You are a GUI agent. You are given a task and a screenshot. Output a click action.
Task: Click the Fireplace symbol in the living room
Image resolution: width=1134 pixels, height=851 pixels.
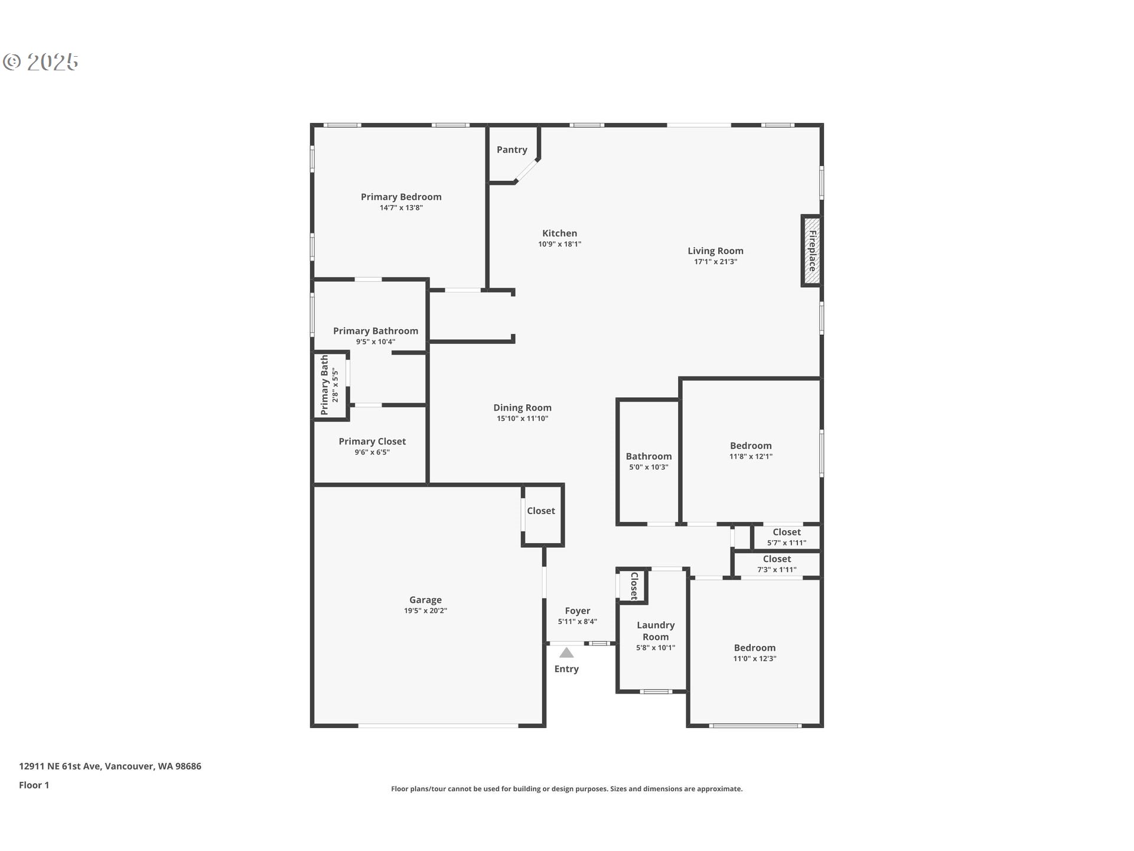pos(812,251)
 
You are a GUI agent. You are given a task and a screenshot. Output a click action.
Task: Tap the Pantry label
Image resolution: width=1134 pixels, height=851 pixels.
pos(511,150)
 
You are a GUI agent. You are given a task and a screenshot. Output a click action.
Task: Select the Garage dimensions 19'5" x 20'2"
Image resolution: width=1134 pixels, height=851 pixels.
pos(425,610)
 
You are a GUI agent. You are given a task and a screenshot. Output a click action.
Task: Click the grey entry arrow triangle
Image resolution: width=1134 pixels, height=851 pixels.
pos(566,652)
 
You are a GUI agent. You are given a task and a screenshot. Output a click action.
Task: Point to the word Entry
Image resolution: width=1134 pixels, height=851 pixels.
pos(566,669)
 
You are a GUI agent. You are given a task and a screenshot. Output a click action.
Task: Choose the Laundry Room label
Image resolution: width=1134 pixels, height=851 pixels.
pos(656,631)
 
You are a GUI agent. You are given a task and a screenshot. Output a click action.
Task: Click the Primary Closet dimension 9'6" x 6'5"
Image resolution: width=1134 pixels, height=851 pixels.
pos(372,452)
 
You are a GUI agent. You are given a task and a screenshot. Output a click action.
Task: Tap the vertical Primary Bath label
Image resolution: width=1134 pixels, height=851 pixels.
pos(324,385)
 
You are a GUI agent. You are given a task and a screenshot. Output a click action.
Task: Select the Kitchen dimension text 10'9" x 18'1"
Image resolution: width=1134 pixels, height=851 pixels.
pos(559,244)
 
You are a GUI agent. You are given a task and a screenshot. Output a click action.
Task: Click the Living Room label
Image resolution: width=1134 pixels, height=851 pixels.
pos(715,251)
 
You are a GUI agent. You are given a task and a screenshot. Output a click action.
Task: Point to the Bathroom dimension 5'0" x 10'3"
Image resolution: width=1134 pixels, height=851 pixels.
pos(649,467)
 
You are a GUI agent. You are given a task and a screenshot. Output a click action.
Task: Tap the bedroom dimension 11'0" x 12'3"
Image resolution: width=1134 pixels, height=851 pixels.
pos(755,658)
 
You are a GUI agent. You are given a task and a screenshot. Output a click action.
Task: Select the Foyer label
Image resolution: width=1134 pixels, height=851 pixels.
pos(577,610)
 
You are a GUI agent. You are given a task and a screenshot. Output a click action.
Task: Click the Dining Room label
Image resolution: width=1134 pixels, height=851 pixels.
pos(522,407)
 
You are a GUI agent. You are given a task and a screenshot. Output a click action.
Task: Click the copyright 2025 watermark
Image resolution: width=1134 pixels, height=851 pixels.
pos(41,61)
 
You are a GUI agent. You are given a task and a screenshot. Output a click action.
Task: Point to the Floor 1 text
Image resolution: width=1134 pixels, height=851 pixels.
pos(34,785)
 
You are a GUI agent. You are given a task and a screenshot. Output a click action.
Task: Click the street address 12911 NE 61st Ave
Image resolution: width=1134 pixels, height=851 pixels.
pos(110,766)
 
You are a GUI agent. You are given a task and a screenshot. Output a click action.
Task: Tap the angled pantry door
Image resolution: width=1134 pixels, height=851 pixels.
pos(527,170)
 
